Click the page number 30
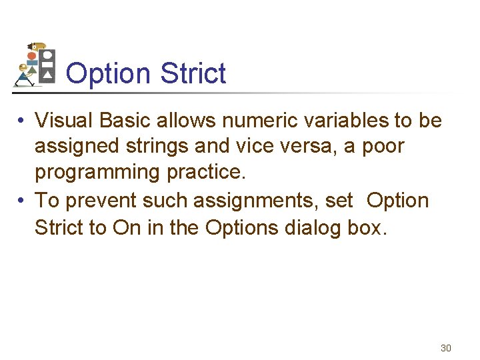coord(446,348)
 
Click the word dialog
coord(315,227)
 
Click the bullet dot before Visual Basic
coord(22,121)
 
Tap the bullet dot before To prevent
coord(22,201)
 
